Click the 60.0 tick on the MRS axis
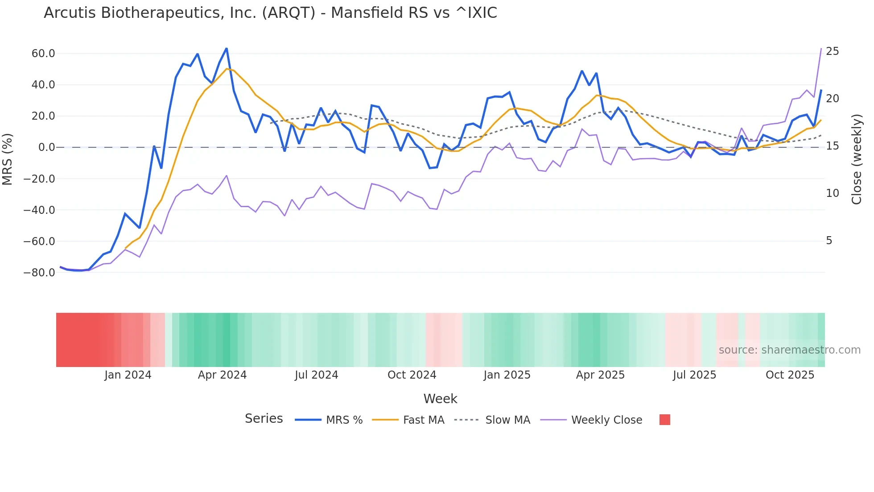43,54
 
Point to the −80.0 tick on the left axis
39,273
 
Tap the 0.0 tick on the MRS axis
46,147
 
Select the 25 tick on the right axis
832,51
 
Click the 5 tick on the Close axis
829,241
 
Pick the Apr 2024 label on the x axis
222,375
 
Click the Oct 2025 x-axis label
790,375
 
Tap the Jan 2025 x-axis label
507,375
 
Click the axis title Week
440,399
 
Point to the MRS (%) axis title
8,159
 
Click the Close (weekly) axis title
856,159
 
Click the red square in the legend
664,420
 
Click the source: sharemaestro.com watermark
789,350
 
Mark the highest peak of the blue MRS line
227,49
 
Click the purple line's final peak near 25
821,49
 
